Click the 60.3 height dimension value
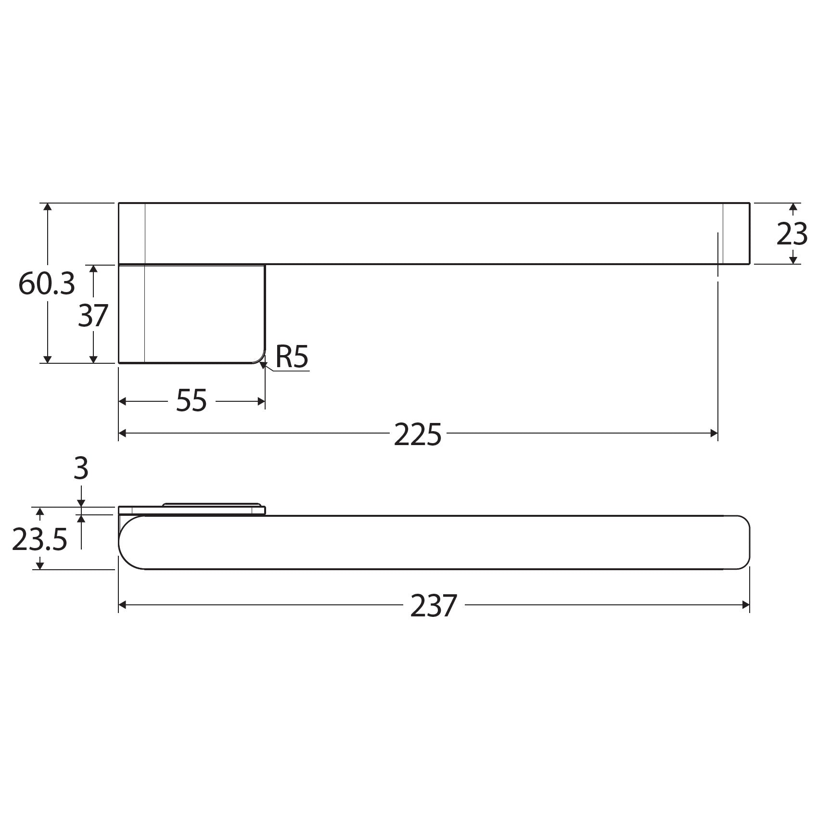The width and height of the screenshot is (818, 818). pyautogui.click(x=47, y=284)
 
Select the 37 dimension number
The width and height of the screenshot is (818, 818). pyautogui.click(x=93, y=316)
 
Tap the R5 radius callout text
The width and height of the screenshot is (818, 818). pyautogui.click(x=292, y=357)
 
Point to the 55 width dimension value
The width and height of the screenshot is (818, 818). pyautogui.click(x=191, y=401)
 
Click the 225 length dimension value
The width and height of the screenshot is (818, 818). pyautogui.click(x=418, y=434)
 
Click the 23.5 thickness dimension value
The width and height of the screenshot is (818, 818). pyautogui.click(x=39, y=539)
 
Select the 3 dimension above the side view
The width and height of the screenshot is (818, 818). pyautogui.click(x=81, y=469)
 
